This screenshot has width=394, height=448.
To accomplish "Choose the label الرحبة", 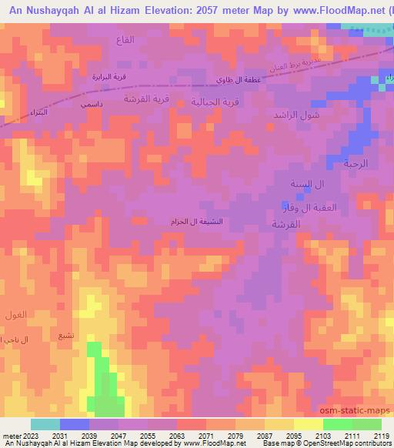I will [x=356, y=163].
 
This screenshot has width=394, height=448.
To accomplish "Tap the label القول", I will [x=15, y=315].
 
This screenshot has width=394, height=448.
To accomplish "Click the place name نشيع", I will [x=66, y=336].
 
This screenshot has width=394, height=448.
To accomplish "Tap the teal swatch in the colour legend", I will [x=45, y=424].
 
